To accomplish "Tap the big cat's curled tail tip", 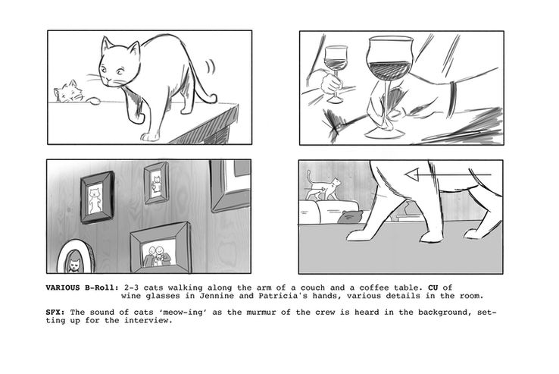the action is tap(213, 98).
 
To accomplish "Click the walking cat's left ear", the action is tap(106, 45).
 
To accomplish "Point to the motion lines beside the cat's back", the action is tap(211, 67).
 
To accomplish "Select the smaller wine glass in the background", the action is tap(336, 74).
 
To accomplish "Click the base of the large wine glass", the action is tap(385, 134).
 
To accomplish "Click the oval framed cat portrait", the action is tap(75, 257).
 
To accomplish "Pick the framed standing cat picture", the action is tap(97, 197).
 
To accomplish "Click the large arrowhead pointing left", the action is tap(412, 174).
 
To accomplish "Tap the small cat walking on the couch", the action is tap(323, 187).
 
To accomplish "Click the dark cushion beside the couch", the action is tap(350, 217).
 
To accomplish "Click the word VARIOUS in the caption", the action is tap(63, 288).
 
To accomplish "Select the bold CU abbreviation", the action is tap(433, 288).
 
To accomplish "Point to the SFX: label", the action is tap(55, 313).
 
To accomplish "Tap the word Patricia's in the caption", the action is tap(283, 296).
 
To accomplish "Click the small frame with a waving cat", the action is tap(156, 183).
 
